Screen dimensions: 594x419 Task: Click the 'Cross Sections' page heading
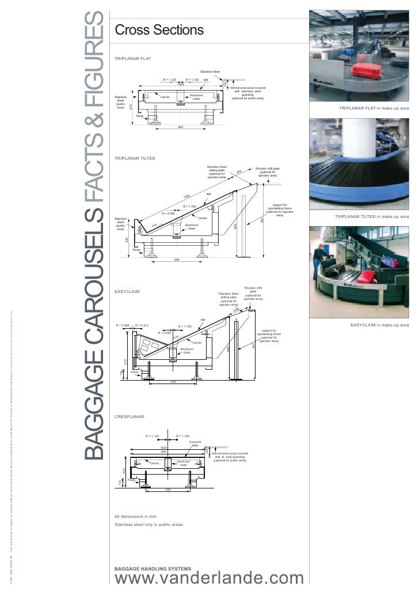[x=159, y=29]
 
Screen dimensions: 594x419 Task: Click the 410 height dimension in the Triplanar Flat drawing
[x=131, y=107]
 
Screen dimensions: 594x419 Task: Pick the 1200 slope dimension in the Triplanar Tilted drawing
[x=186, y=197]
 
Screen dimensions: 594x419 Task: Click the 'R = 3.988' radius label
[x=124, y=325]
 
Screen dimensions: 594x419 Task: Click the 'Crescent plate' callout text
[x=195, y=443]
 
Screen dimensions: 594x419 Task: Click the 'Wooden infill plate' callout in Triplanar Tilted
[x=268, y=171]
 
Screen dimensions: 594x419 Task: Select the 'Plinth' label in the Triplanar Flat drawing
[x=139, y=116]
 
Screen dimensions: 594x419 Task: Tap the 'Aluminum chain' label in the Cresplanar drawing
[x=184, y=463]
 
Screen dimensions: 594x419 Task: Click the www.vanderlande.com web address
[x=209, y=580]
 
